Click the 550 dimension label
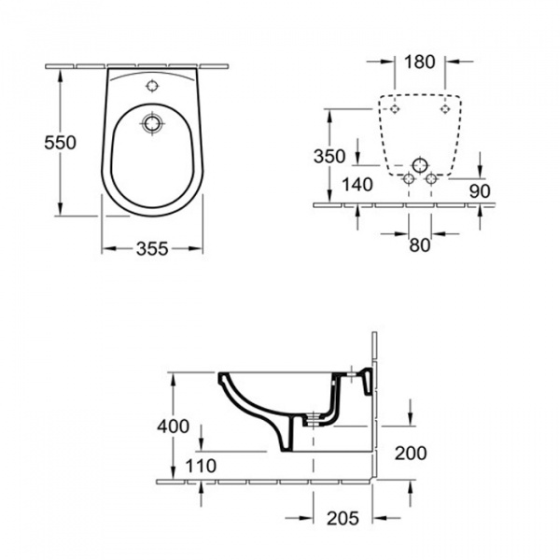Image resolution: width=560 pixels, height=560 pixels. (60, 143)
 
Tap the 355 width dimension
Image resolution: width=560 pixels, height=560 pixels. (152, 249)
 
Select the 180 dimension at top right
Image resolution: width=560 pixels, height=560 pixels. (420, 62)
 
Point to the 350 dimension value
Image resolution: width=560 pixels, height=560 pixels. (329, 156)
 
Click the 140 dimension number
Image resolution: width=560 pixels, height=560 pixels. (357, 185)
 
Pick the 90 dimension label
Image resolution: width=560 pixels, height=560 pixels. (480, 191)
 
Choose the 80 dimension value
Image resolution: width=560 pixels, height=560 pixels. (420, 245)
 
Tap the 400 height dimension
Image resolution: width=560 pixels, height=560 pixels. (174, 427)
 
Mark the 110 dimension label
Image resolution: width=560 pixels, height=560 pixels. (201, 466)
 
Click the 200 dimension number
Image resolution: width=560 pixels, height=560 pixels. (411, 454)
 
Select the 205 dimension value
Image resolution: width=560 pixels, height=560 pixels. (343, 518)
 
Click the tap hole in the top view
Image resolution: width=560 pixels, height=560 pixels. (152, 85)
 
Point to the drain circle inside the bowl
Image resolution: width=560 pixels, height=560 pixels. (153, 123)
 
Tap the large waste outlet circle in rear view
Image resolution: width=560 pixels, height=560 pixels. (420, 165)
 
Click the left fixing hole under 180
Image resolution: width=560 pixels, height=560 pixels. (394, 108)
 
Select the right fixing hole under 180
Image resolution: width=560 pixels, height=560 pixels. (445, 108)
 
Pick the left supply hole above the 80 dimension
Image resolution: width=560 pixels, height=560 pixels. (409, 178)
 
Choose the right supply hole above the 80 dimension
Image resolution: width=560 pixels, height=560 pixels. (431, 178)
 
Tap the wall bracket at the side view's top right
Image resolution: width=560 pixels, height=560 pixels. (367, 382)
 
